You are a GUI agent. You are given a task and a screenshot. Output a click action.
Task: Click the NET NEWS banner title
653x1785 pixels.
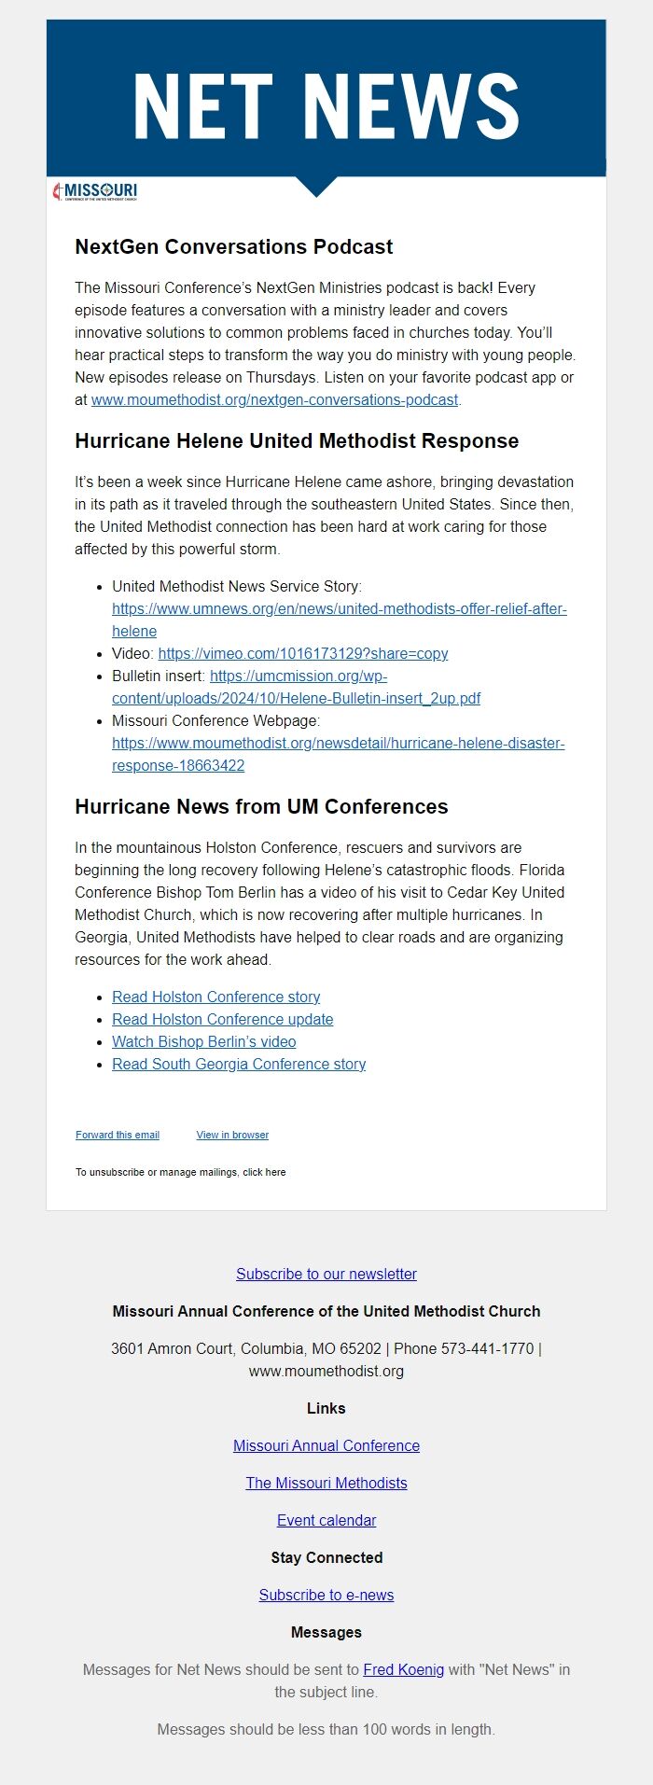(326, 106)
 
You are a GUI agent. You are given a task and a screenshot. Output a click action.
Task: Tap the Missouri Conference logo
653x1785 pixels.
(96, 191)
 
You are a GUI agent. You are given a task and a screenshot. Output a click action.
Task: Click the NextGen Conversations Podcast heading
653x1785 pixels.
(233, 246)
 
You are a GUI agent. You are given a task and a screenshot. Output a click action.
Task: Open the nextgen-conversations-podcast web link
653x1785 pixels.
(274, 399)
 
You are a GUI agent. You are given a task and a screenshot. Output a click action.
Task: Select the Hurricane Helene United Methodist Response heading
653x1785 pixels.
(297, 440)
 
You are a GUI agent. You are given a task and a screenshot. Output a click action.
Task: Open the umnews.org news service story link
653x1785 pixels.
(339, 608)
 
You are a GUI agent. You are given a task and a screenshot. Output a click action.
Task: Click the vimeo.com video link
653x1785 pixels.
(302, 653)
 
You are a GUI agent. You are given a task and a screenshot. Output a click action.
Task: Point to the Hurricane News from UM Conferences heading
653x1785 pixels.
(261, 806)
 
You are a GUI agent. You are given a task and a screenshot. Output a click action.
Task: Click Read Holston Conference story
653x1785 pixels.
(215, 997)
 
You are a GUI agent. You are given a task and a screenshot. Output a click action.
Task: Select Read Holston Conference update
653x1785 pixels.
(222, 1019)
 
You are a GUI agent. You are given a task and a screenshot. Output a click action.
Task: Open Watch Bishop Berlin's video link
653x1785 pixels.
(203, 1041)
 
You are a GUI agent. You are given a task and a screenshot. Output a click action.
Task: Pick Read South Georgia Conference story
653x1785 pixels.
(238, 1064)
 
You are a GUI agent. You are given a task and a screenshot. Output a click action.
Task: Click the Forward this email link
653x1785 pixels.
(118, 1135)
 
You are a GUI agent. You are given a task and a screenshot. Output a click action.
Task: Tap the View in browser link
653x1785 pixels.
(232, 1135)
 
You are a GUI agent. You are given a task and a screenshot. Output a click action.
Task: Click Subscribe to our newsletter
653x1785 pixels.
(326, 1274)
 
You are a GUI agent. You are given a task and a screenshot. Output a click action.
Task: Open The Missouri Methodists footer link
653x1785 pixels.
(326, 1483)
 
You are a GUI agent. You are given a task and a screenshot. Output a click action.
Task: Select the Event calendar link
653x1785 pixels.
(326, 1520)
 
